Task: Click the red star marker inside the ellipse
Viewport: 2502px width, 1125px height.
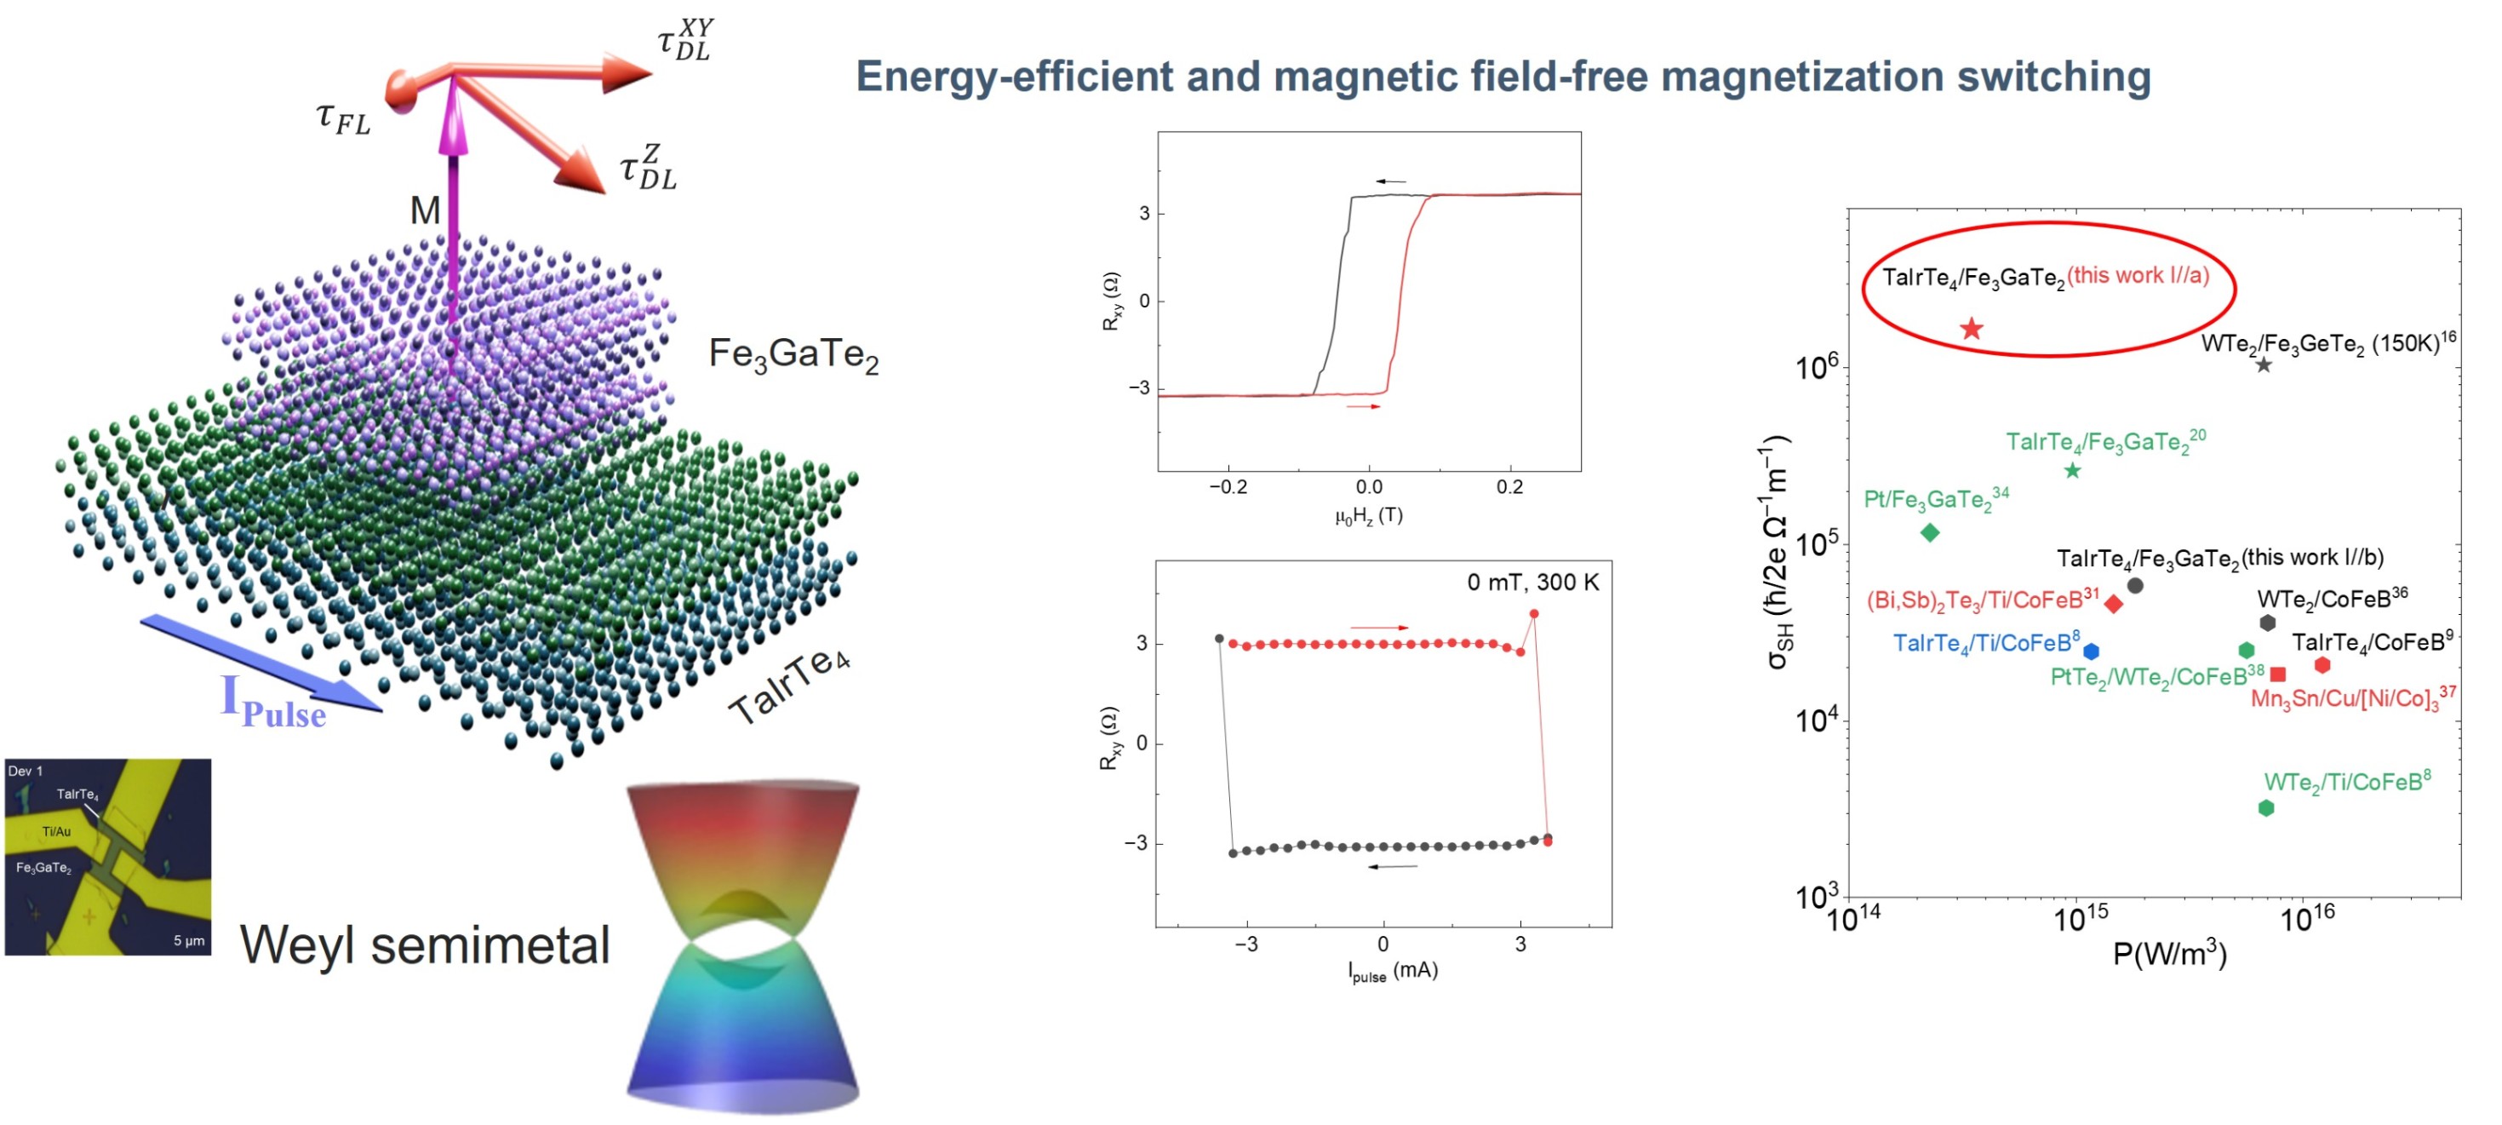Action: (x=1971, y=329)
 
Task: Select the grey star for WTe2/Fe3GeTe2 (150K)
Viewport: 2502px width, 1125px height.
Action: (x=2263, y=365)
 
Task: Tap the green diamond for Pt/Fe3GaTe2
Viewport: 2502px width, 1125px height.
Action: (x=1930, y=532)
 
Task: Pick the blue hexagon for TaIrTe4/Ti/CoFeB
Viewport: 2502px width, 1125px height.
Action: (x=2091, y=651)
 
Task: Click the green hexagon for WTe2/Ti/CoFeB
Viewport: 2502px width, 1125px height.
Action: (x=2265, y=807)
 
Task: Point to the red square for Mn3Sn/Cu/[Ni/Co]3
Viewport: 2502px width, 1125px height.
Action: (x=2277, y=674)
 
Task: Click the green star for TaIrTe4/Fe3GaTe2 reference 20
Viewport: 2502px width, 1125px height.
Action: (x=2072, y=471)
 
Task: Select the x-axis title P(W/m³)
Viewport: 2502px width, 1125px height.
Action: (x=2169, y=954)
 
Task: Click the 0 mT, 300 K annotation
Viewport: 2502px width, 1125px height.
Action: (x=1532, y=582)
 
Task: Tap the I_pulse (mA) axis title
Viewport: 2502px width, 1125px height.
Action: (x=1392, y=971)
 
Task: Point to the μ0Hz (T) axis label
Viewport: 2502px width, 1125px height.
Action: (x=1367, y=516)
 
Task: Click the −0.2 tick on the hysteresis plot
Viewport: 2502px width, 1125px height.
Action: (x=1228, y=487)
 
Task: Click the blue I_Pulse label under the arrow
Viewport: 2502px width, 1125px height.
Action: (x=273, y=702)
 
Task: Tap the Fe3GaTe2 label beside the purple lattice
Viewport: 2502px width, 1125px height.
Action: (x=793, y=354)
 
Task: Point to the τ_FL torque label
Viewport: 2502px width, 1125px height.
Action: (x=343, y=118)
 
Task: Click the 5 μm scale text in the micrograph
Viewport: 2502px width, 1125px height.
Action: (x=188, y=940)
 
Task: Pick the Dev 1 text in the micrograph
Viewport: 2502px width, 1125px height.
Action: (x=26, y=772)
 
